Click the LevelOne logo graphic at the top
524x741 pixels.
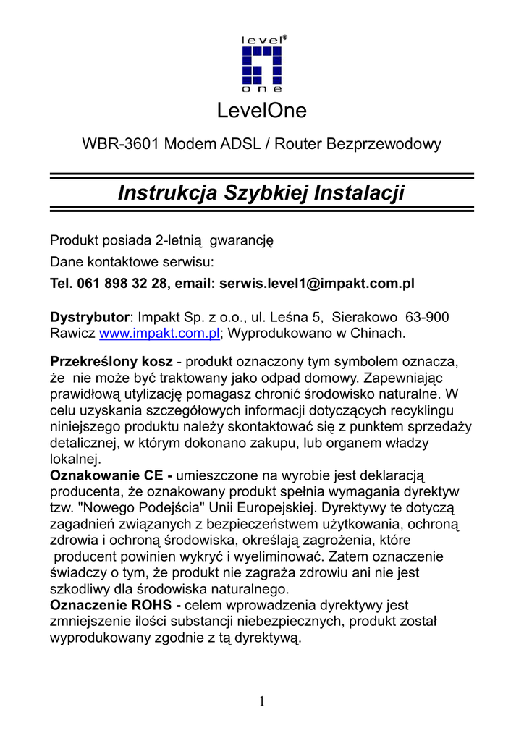pyautogui.click(x=262, y=64)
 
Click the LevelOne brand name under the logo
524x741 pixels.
pyautogui.click(x=262, y=111)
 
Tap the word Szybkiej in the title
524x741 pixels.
pyautogui.click(x=267, y=193)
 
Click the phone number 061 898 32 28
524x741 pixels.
pyautogui.click(x=120, y=283)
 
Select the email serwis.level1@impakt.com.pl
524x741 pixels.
pyautogui.click(x=316, y=283)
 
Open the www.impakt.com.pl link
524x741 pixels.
pyautogui.click(x=159, y=334)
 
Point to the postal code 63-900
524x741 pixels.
pyautogui.click(x=427, y=317)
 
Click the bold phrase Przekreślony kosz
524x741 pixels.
pyautogui.click(x=110, y=360)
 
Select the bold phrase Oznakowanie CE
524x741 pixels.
pyautogui.click(x=111, y=475)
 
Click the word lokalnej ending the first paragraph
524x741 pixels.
pyautogui.click(x=75, y=459)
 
